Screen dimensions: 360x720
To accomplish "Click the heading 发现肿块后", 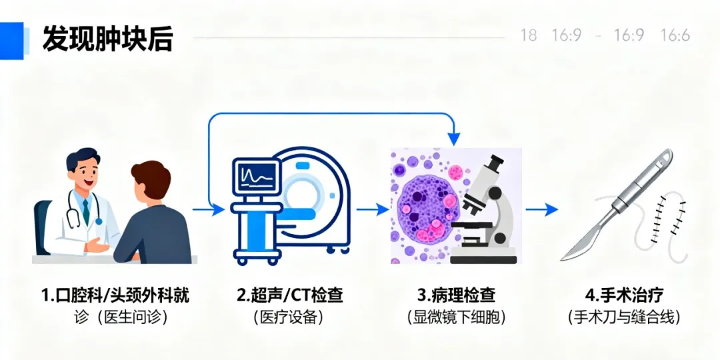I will (x=107, y=39).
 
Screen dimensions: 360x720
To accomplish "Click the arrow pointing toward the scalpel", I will (x=541, y=209).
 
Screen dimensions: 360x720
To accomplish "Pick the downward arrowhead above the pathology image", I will (x=455, y=139).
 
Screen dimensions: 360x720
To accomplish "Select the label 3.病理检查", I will (x=456, y=295).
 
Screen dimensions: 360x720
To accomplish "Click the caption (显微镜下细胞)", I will (x=456, y=317).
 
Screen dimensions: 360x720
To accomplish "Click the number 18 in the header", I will (x=529, y=35).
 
